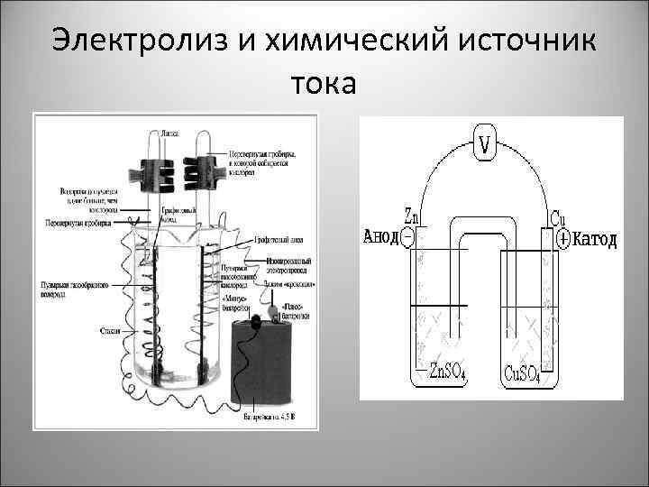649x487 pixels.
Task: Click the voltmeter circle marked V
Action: tap(485, 144)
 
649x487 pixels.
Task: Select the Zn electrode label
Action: tap(412, 217)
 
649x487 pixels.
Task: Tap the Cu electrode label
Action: tap(559, 218)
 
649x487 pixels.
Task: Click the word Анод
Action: tap(379, 238)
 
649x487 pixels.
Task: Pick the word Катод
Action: tap(596, 239)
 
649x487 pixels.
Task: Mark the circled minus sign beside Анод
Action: tap(407, 238)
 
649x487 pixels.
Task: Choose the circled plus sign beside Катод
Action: tap(564, 239)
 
